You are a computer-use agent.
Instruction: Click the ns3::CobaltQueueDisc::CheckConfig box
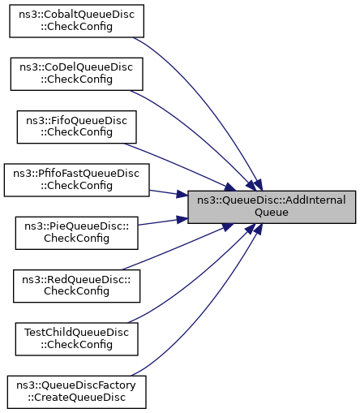[x=76, y=21]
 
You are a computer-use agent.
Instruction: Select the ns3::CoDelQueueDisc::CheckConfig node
[x=76, y=74]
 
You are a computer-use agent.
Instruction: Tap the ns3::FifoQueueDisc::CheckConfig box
[x=76, y=127]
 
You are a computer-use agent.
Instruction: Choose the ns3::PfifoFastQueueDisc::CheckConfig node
[x=76, y=180]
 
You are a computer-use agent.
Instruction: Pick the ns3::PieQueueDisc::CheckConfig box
[x=76, y=233]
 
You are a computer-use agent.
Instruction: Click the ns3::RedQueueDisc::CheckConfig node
[x=76, y=286]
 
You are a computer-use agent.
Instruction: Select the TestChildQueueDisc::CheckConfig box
[x=76, y=339]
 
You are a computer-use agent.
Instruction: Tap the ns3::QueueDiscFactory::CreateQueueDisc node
[x=76, y=392]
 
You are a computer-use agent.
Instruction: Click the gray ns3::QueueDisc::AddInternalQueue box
[x=272, y=207]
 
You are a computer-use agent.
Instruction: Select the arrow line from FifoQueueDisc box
[x=180, y=166]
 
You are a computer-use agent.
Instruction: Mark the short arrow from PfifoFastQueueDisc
[x=169, y=193]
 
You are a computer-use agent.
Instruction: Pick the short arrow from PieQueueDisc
[x=163, y=222]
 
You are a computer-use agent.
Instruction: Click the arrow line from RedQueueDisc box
[x=178, y=247]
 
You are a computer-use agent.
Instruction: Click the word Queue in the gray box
[x=272, y=212]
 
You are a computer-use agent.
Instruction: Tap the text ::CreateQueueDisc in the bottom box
[x=76, y=398]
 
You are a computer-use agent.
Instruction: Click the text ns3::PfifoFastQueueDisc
[x=76, y=174]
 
